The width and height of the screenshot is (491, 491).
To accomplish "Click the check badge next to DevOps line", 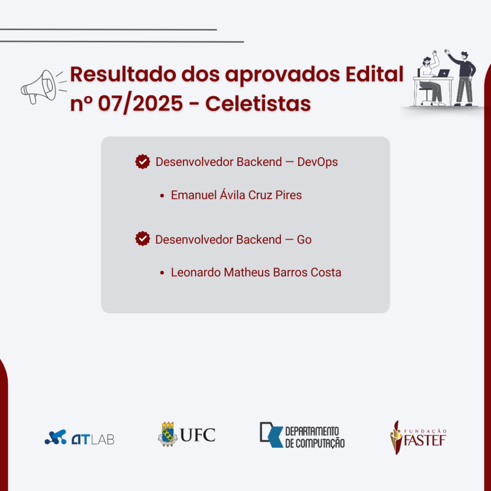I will click(x=142, y=162).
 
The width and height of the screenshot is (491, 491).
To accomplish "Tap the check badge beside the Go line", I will click(x=142, y=239).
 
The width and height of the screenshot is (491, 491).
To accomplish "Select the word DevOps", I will click(x=317, y=162).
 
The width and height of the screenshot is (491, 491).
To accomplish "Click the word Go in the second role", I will click(x=304, y=239).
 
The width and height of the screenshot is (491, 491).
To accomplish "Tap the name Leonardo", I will click(x=195, y=272).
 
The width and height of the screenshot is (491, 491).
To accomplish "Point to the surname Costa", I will click(x=326, y=272).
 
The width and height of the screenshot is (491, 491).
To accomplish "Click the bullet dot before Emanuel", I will click(x=162, y=196).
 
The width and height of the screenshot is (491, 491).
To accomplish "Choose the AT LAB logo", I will click(x=79, y=437).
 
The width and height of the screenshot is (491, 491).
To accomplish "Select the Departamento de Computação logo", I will click(x=302, y=435).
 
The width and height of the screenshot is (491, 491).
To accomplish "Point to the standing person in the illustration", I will click(x=463, y=77).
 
